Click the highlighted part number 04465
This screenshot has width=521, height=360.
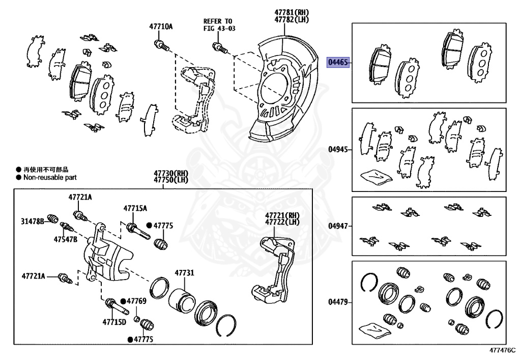[338, 63]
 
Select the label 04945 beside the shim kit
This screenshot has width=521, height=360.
[338, 150]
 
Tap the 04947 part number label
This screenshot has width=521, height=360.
[338, 226]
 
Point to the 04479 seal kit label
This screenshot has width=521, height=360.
[338, 302]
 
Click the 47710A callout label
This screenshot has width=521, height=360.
[160, 26]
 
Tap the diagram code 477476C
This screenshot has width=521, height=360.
[503, 350]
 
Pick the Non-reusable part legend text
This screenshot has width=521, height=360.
[49, 178]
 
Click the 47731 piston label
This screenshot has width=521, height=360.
[184, 273]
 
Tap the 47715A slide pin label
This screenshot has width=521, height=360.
[135, 208]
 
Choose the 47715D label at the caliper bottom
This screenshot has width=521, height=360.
[114, 322]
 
